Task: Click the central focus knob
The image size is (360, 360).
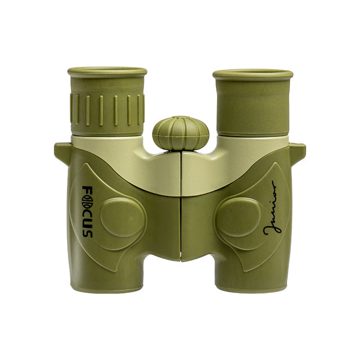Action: click(181, 133)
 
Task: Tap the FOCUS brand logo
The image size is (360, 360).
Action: click(88, 211)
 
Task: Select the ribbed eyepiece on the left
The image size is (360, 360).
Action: click(107, 102)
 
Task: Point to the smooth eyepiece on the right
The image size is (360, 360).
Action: click(253, 103)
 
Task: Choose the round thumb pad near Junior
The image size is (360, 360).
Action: click(237, 217)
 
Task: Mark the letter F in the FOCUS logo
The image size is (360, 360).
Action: click(88, 190)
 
